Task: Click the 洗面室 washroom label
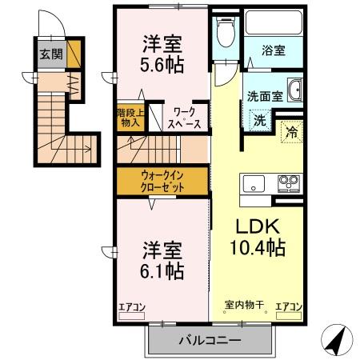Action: point(264,94)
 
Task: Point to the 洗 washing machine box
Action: point(260,122)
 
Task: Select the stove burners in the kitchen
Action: point(287,183)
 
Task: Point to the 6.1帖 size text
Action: point(163,270)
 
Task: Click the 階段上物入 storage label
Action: point(130,118)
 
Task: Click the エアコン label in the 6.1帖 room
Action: point(131,306)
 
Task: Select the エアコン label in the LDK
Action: point(288,306)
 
